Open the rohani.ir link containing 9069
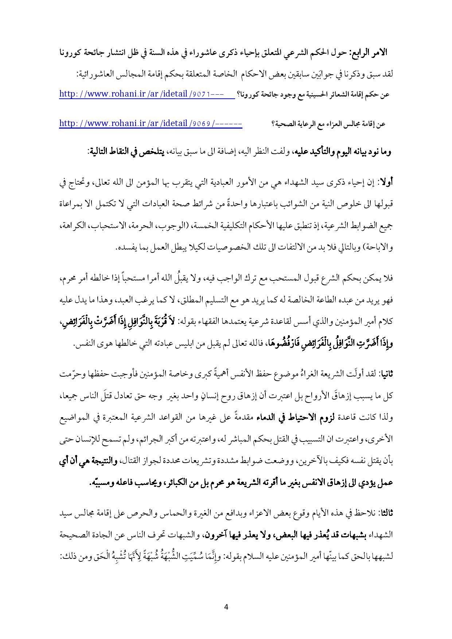tap(151, 124)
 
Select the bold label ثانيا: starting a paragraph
tap(385, 374)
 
